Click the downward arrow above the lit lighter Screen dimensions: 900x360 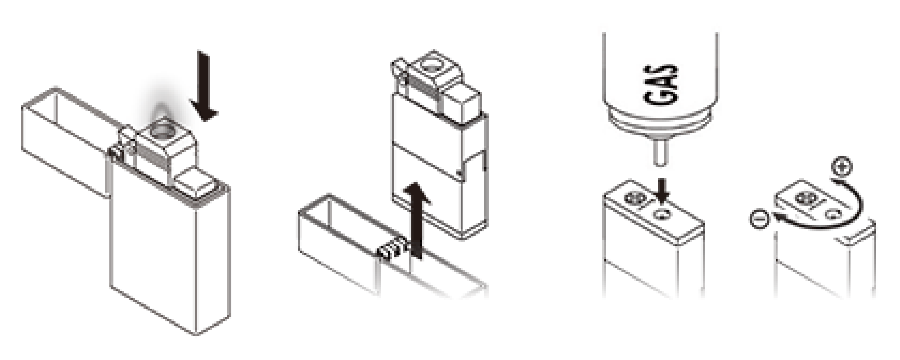tap(203, 85)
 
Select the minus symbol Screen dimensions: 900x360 tap(759, 220)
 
